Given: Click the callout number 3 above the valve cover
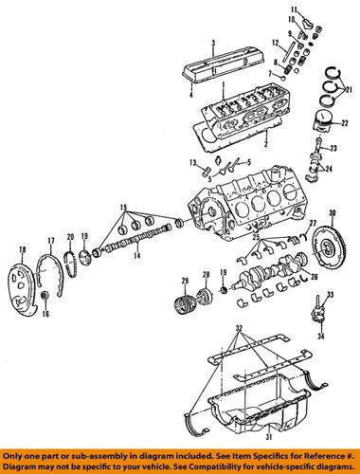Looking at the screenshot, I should pos(214,43).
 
